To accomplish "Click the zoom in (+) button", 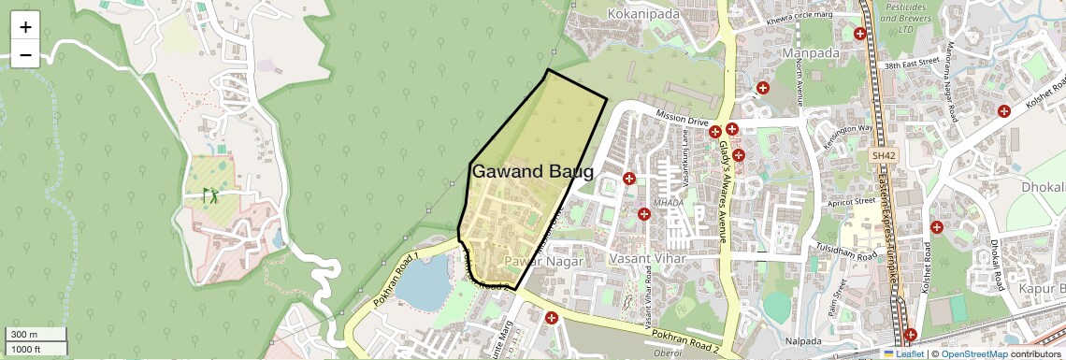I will pyautogui.click(x=25, y=26).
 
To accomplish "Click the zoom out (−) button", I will pyautogui.click(x=25, y=54).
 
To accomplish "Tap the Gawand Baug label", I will pyautogui.click(x=532, y=172).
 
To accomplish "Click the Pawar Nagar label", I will pyautogui.click(x=543, y=262).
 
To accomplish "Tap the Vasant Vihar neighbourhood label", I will pyautogui.click(x=646, y=258).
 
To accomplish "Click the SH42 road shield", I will pyautogui.click(x=882, y=155).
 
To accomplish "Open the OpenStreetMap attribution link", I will pyautogui.click(x=973, y=354).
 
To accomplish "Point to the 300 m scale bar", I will pyautogui.click(x=34, y=335).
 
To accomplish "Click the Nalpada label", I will pyautogui.click(x=803, y=339).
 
